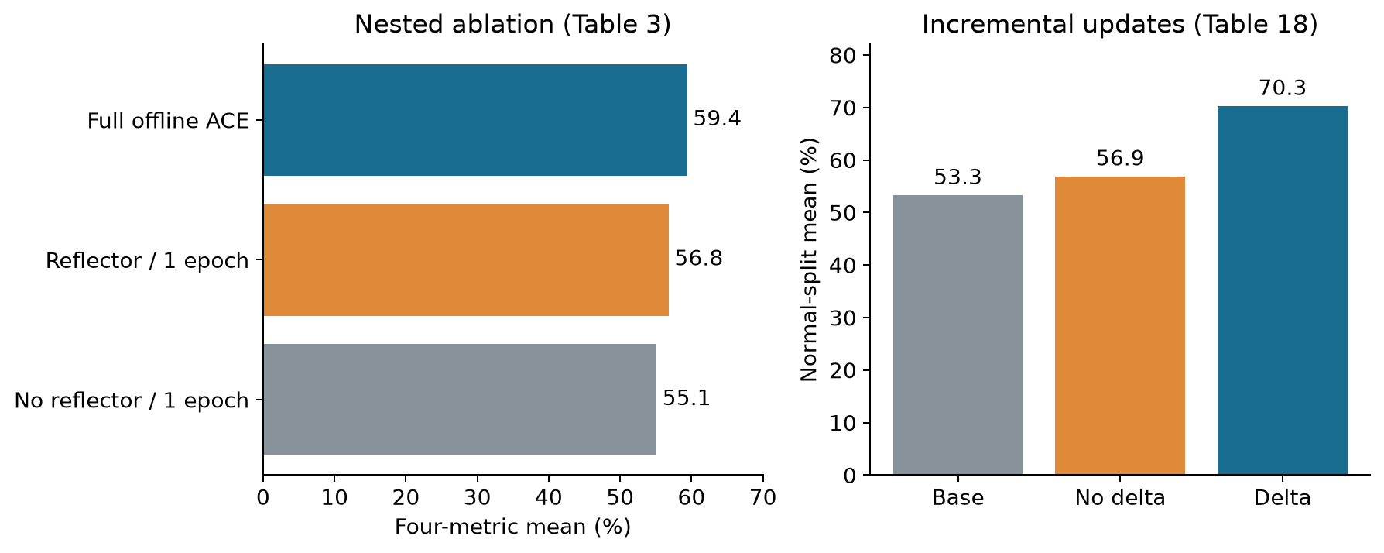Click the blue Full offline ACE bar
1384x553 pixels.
[475, 120]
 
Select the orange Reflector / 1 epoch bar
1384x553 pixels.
[466, 259]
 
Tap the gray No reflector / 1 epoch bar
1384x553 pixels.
[460, 400]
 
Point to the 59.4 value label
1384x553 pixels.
[717, 118]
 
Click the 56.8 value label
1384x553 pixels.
[698, 258]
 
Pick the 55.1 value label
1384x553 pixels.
[686, 398]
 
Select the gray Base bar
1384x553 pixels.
[957, 335]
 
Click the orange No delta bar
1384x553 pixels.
[1120, 325]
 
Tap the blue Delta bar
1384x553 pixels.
[1282, 290]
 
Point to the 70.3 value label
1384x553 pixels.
[1282, 88]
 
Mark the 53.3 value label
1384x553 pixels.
[957, 177]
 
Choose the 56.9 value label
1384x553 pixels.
[1120, 159]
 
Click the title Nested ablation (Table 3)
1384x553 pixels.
[512, 25]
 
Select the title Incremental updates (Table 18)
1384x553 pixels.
[1119, 25]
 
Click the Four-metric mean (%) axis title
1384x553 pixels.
[512, 527]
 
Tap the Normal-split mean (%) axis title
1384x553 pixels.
[809, 259]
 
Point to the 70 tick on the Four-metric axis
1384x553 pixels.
[763, 497]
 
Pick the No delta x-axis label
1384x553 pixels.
[1120, 497]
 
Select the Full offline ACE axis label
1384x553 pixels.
[168, 121]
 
